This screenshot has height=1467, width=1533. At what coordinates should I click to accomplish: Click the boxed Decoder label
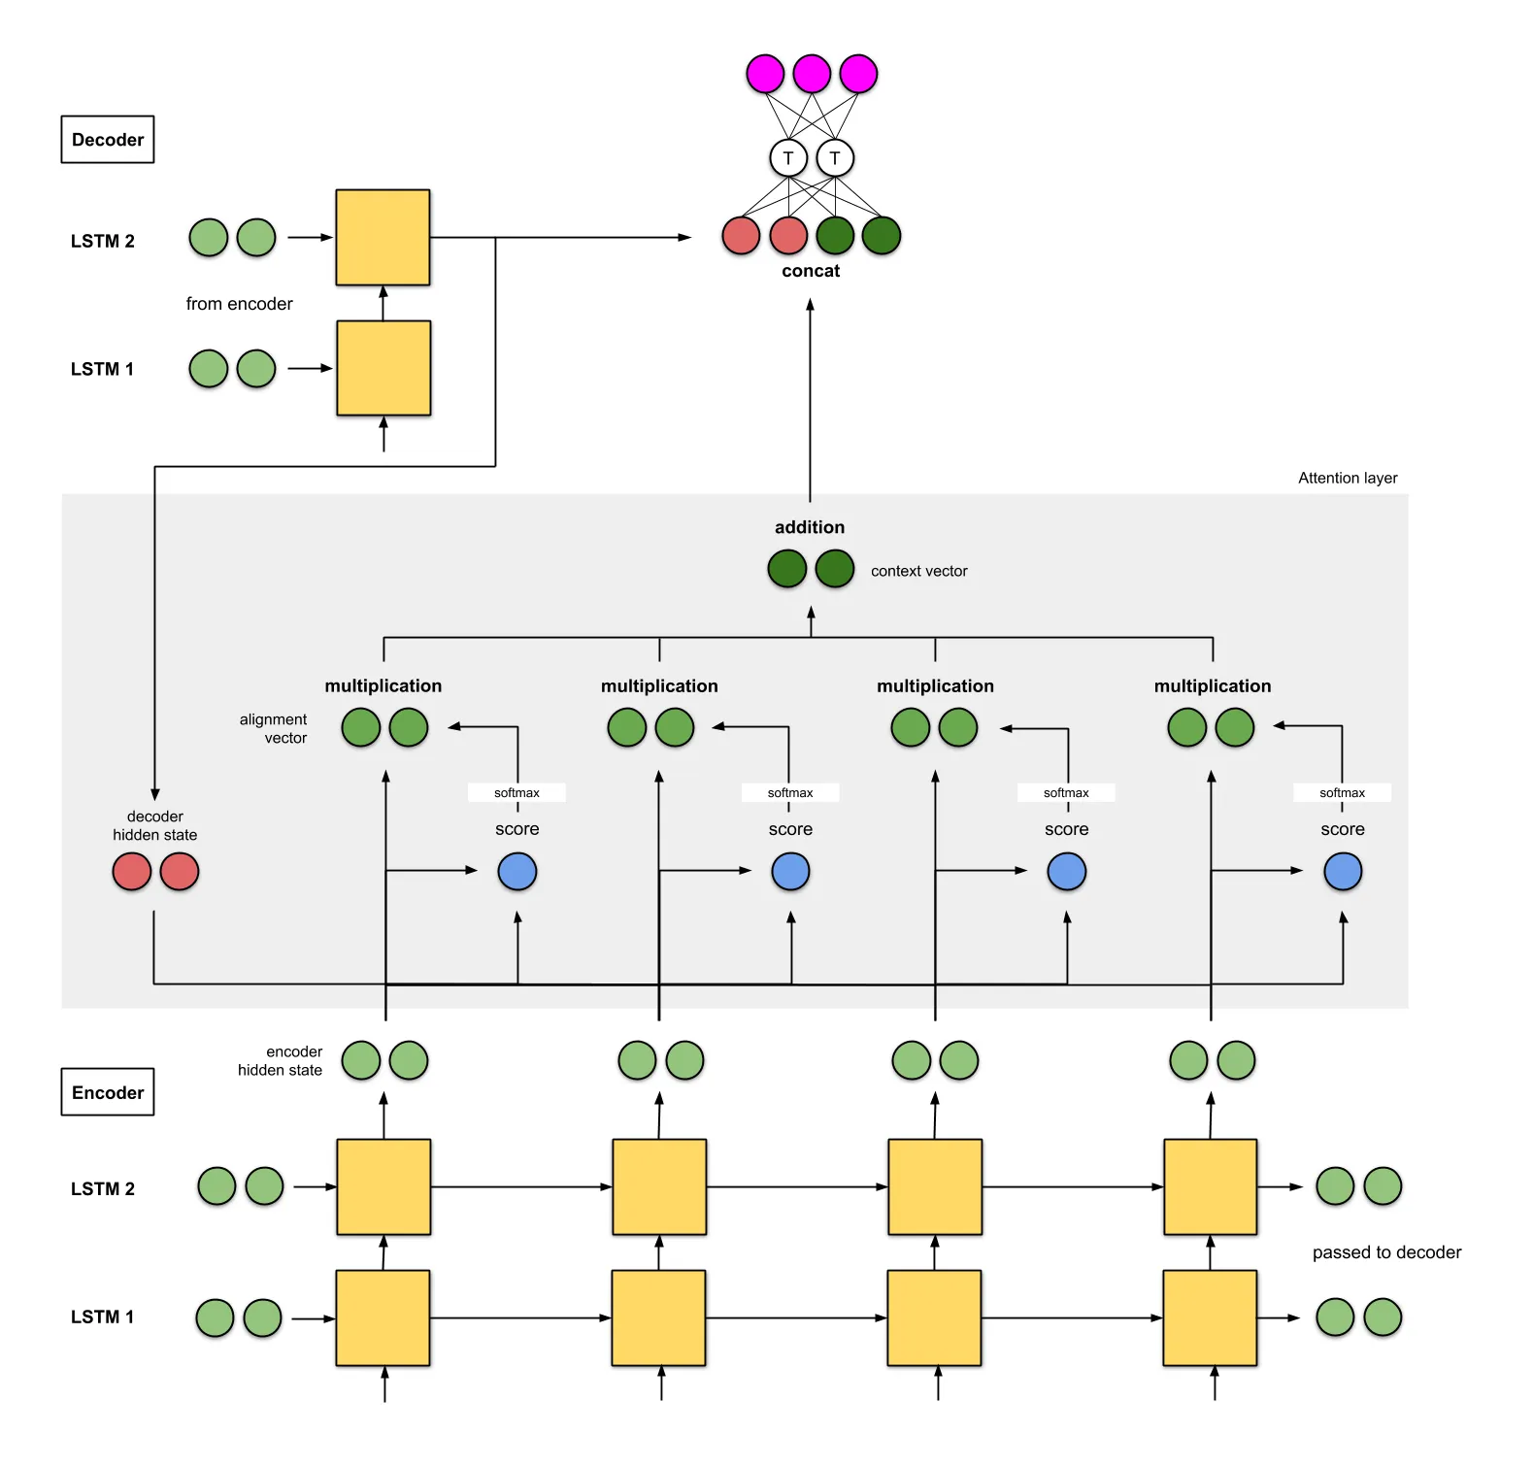108,140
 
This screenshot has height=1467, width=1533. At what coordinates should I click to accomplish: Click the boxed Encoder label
108,1092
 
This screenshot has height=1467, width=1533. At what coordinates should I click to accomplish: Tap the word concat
811,271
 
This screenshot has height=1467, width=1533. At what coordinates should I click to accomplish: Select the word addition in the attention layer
810,527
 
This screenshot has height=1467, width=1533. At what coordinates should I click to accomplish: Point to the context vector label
918,571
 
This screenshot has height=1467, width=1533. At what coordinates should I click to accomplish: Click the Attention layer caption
1348,478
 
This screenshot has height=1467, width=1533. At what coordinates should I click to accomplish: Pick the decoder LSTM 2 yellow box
383,237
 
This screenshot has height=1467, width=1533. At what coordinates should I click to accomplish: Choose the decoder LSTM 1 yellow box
383,368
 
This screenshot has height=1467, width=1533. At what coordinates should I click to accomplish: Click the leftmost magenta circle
765,74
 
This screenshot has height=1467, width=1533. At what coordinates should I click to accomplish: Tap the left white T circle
788,157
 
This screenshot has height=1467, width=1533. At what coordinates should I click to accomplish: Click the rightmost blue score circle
1343,871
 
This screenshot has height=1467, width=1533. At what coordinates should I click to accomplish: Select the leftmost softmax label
517,793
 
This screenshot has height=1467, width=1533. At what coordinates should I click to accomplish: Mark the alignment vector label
274,728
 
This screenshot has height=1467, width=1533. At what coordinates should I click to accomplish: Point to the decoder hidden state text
155,825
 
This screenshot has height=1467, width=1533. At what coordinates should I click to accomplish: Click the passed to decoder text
1386,1252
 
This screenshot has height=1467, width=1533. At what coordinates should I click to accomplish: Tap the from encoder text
239,304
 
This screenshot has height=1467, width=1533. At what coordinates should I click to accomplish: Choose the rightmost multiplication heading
1213,686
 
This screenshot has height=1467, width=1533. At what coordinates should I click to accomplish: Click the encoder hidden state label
281,1060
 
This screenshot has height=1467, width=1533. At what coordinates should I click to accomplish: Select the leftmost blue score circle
517,871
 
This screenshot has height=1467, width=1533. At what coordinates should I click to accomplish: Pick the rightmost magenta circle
858,74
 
